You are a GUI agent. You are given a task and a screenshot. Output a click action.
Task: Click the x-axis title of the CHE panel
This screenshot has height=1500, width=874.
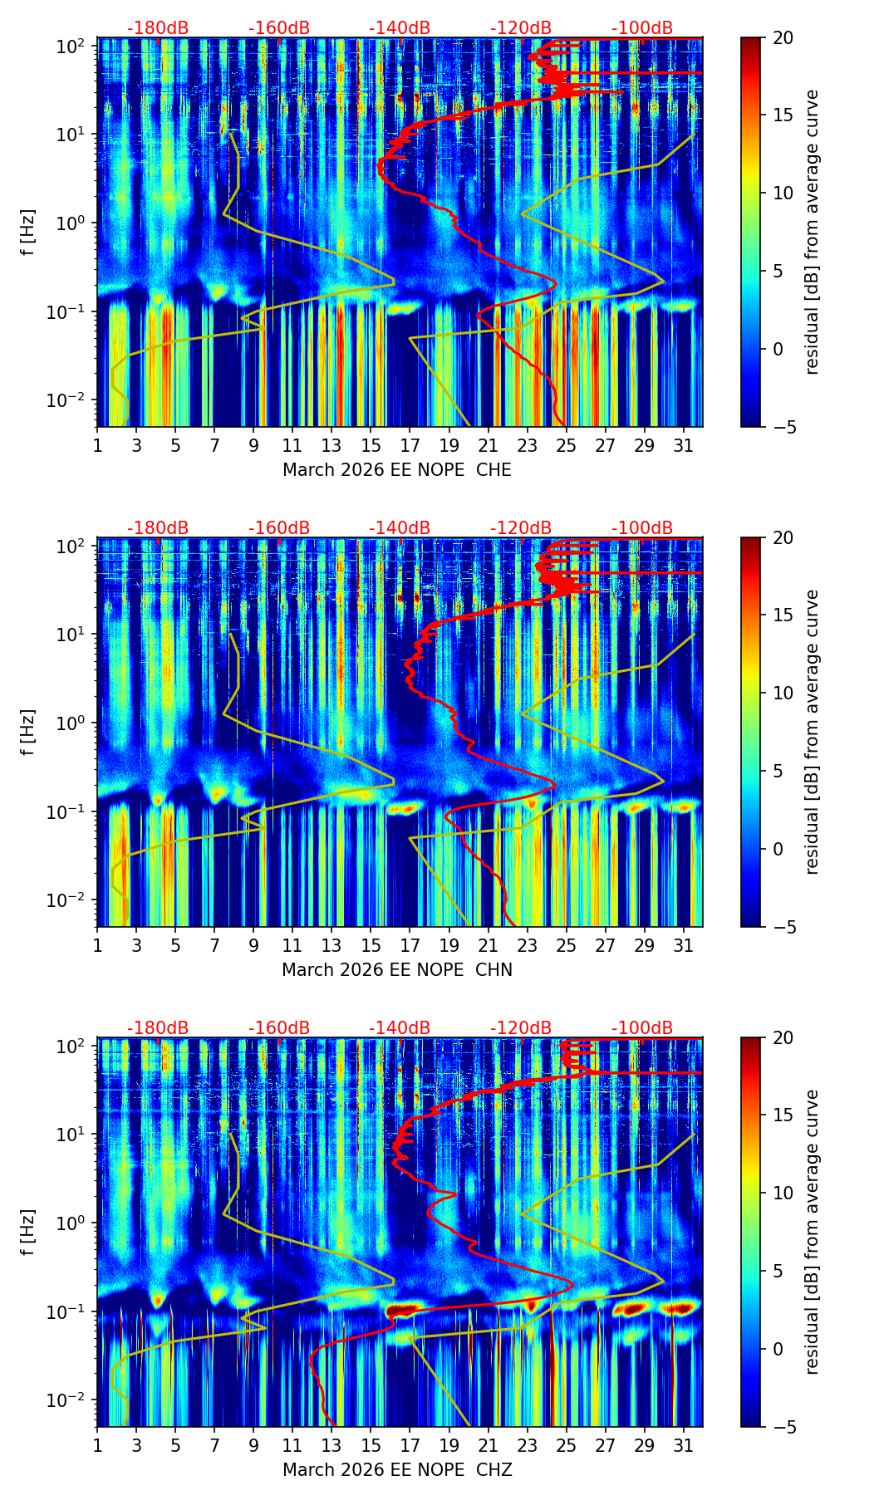tap(397, 470)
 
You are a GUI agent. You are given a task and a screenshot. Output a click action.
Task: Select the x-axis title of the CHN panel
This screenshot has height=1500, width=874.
tap(397, 970)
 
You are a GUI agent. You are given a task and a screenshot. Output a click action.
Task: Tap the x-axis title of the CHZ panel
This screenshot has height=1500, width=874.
tap(397, 1470)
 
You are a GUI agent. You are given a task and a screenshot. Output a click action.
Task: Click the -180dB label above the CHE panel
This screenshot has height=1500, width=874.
tap(158, 28)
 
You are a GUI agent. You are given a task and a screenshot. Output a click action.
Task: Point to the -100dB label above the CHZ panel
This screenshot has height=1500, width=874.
tap(642, 1028)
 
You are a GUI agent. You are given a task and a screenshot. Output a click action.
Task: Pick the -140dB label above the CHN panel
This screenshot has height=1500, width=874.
tap(400, 528)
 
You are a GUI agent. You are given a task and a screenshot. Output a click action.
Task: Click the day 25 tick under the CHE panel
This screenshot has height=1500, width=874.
tap(566, 446)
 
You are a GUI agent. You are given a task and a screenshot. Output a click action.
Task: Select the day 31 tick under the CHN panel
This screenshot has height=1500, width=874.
tap(683, 946)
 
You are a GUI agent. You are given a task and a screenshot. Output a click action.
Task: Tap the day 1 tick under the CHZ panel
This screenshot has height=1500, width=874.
tap(98, 1446)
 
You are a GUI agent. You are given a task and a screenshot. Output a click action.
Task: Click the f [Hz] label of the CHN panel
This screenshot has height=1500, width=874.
tap(29, 732)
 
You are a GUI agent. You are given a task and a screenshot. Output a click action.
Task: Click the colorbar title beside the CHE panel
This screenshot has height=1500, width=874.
tap(812, 232)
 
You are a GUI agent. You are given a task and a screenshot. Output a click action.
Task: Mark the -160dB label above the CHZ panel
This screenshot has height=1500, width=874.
tap(279, 1028)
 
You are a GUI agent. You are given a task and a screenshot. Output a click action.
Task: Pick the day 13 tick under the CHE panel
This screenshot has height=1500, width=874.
tap(331, 446)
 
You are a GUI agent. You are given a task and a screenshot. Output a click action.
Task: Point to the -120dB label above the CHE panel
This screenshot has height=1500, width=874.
tap(521, 28)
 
